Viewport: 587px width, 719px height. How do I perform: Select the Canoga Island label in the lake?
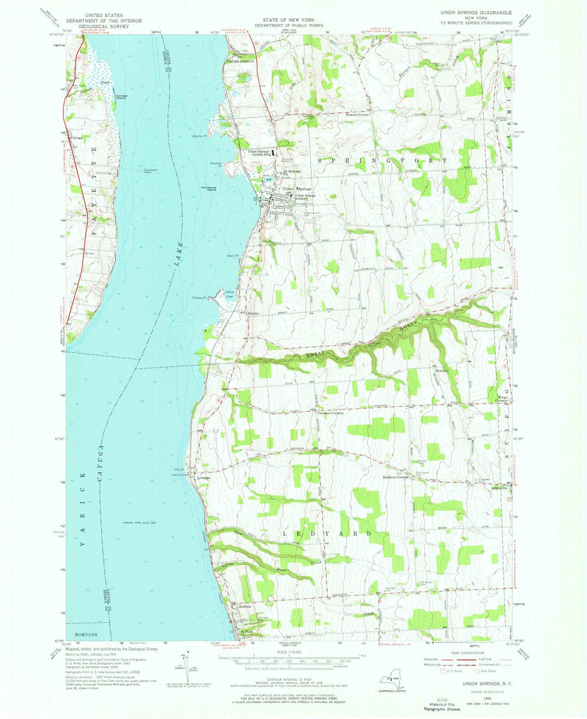pos(121,97)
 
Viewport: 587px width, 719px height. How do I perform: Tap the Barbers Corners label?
pos(395,478)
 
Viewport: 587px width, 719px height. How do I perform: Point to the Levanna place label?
pos(204,478)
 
